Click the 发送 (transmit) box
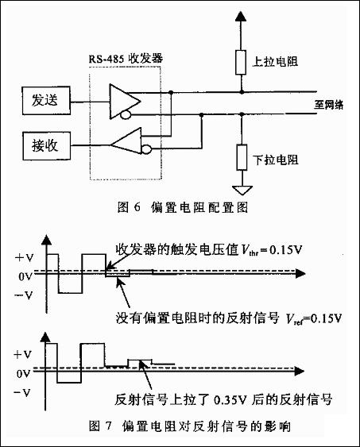click(x=46, y=101)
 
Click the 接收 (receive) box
click(x=47, y=145)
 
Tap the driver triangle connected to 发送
click(x=125, y=101)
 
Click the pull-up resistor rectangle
click(x=241, y=63)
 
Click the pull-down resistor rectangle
click(x=242, y=157)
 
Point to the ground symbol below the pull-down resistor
click(x=242, y=190)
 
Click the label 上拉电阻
click(x=275, y=62)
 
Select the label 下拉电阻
click(x=276, y=160)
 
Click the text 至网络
click(x=329, y=105)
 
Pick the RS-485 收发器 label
click(x=126, y=59)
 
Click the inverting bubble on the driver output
click(x=125, y=114)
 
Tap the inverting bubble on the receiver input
click(x=146, y=149)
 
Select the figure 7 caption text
click(x=189, y=426)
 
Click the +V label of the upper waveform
click(x=25, y=258)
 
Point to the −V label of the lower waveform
click(x=22, y=393)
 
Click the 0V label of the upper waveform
click(x=25, y=276)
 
